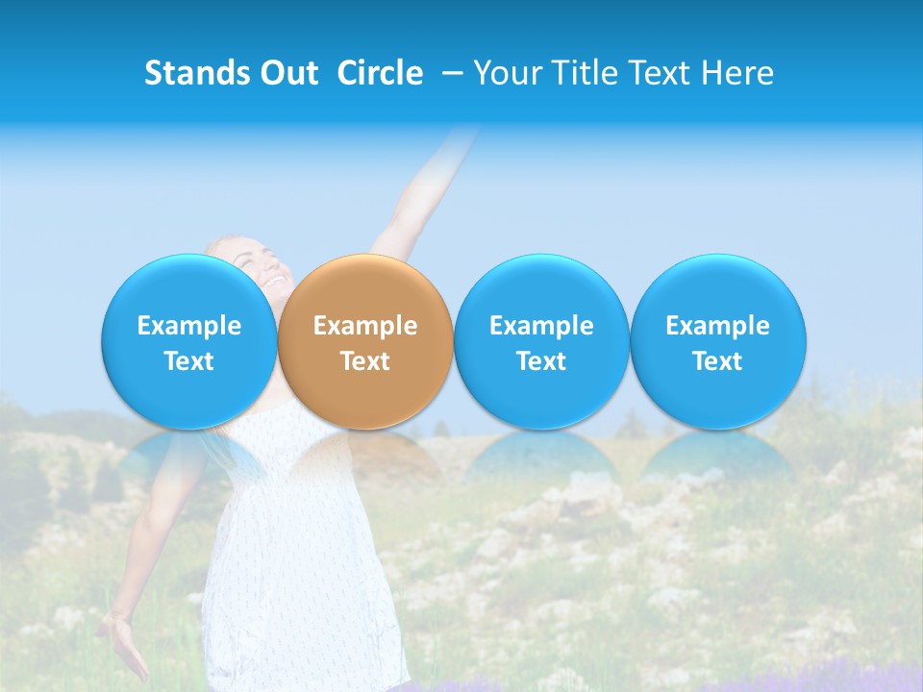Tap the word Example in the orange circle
(365, 326)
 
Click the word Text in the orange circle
(365, 361)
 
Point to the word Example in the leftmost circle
(189, 326)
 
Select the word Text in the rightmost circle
(717, 361)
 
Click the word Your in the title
(509, 73)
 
